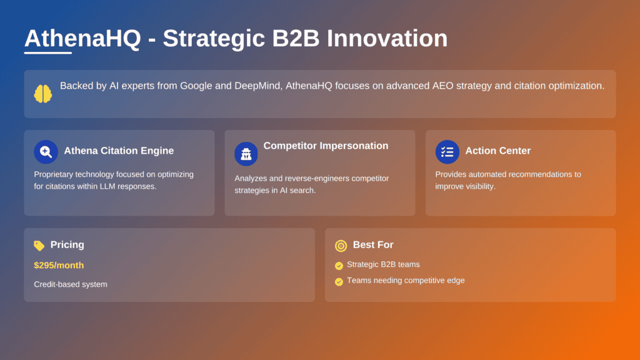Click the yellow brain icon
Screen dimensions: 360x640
(43, 94)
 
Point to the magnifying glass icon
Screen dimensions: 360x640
(46, 151)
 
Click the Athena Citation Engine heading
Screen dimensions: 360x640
(119, 151)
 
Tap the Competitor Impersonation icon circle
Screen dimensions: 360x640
(246, 154)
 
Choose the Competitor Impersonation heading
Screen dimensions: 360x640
(326, 146)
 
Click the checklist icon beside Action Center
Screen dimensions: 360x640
(447, 151)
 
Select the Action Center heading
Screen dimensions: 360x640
(497, 151)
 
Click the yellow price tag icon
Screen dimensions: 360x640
(39, 246)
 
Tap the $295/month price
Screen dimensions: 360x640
(59, 266)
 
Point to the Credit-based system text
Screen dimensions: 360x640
(71, 284)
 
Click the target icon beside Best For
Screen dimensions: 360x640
(341, 246)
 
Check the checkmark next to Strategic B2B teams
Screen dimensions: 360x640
(339, 265)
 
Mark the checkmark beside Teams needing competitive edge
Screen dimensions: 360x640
(339, 281)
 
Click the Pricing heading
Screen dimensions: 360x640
(67, 245)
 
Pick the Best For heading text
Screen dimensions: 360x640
(373, 245)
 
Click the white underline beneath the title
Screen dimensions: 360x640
(48, 53)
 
